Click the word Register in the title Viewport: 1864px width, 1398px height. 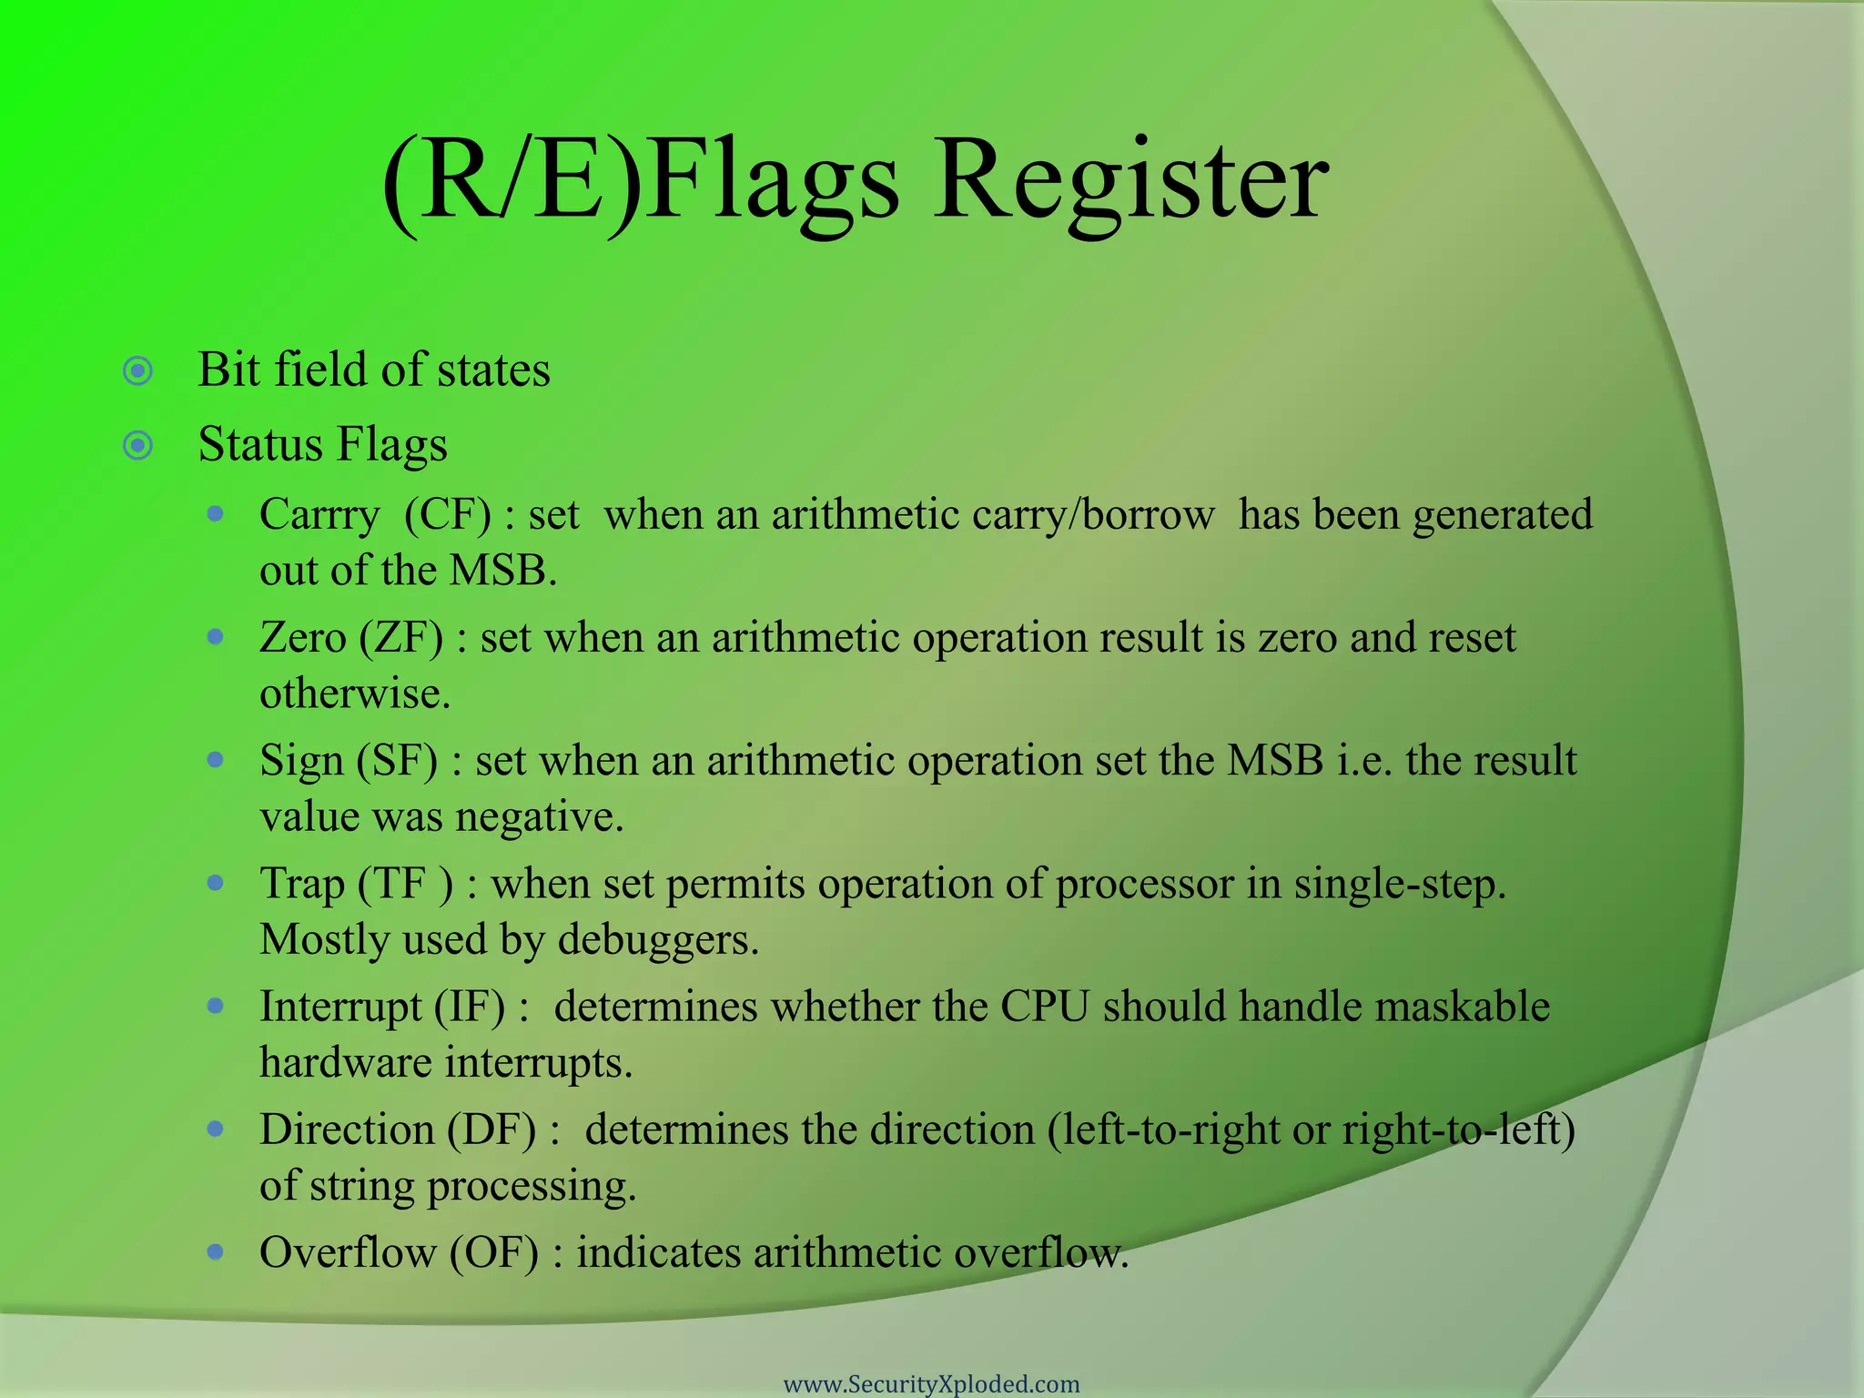(1131, 182)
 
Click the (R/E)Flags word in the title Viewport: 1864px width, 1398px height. (641, 182)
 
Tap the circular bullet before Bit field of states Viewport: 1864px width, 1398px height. (137, 371)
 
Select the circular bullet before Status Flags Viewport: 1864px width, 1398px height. (137, 446)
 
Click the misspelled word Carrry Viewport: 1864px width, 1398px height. (319, 516)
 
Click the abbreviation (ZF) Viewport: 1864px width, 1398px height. (401, 638)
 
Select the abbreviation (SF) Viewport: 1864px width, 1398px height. (397, 761)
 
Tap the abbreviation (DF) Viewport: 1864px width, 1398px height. (491, 1130)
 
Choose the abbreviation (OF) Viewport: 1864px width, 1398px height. (494, 1253)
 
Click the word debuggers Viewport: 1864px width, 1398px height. (658, 940)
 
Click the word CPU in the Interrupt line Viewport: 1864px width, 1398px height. (1045, 1008)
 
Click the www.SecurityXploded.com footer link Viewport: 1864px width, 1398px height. (931, 1383)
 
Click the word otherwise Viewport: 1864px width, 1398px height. (355, 694)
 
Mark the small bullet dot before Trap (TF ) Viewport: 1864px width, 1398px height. (216, 883)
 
